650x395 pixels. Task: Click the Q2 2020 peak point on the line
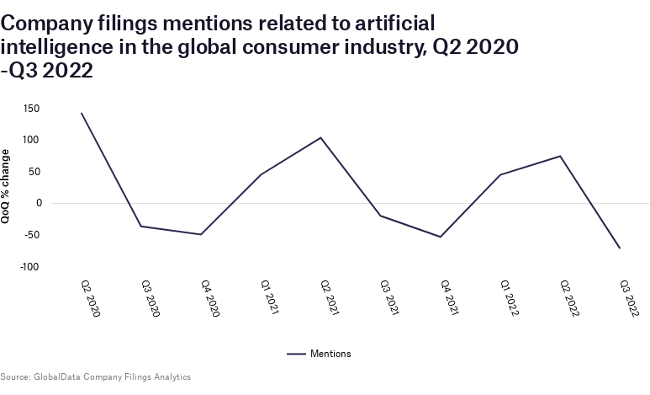click(x=81, y=113)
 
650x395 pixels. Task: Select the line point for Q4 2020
click(x=201, y=234)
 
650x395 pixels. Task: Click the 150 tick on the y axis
click(x=32, y=108)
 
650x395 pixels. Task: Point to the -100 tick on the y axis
click(x=30, y=267)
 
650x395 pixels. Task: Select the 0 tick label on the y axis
click(x=39, y=203)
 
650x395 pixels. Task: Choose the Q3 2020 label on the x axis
click(x=150, y=298)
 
